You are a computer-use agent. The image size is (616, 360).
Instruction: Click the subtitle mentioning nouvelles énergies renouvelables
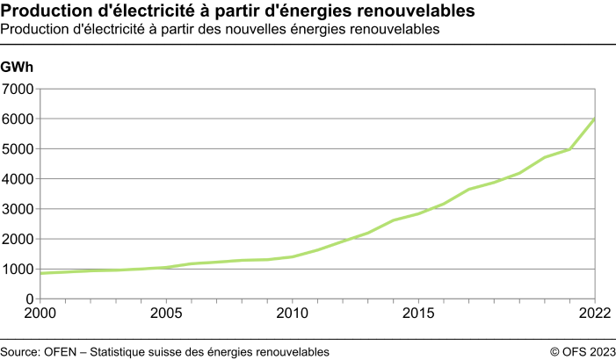click(220, 29)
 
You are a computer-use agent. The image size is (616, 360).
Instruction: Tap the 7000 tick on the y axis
click(18, 89)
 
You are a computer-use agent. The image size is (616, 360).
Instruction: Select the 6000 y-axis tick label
click(18, 119)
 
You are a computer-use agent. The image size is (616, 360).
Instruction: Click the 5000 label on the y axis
click(18, 149)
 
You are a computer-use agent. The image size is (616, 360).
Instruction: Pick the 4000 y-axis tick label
click(18, 179)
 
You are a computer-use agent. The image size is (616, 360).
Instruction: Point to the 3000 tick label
click(18, 209)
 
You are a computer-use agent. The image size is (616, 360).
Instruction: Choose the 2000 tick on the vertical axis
click(18, 239)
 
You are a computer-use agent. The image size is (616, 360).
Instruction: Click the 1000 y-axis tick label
click(18, 270)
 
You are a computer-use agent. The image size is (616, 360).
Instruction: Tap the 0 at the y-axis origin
click(29, 299)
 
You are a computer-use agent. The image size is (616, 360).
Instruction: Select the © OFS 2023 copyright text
click(583, 351)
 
